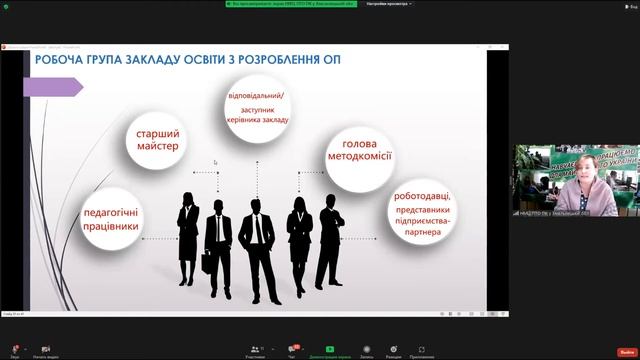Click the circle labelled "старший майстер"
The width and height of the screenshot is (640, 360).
coord(156,140)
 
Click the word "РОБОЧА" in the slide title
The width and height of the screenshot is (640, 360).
coord(65,61)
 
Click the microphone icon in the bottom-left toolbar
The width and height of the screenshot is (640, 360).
coord(14,349)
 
